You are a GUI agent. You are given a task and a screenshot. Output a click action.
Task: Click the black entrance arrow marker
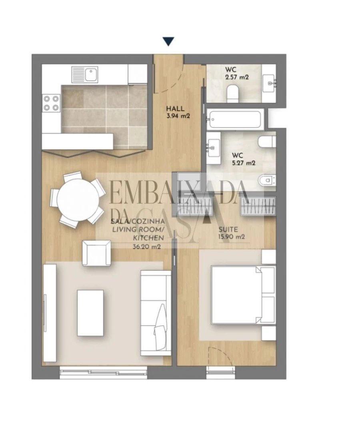tap(168, 41)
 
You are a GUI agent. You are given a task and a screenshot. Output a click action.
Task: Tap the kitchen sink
tap(85, 75)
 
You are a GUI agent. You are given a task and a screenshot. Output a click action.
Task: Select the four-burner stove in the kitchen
tap(51, 102)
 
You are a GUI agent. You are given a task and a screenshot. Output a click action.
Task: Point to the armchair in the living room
tap(96, 252)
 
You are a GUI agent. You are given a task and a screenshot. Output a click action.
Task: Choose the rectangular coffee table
tap(90, 313)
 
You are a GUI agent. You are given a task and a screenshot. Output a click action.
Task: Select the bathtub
tap(234, 119)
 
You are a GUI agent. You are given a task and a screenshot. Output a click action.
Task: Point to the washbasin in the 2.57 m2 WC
tap(270, 83)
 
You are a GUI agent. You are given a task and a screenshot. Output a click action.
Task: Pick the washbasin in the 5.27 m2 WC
tap(214, 146)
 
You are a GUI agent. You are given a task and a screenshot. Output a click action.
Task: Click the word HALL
tap(175, 108)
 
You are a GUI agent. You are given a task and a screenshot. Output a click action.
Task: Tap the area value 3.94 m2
tap(178, 116)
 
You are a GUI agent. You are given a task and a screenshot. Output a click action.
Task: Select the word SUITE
tap(228, 229)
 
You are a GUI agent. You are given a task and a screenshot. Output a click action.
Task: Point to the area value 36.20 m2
tap(146, 247)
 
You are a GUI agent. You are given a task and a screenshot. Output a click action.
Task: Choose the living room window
tap(104, 372)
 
